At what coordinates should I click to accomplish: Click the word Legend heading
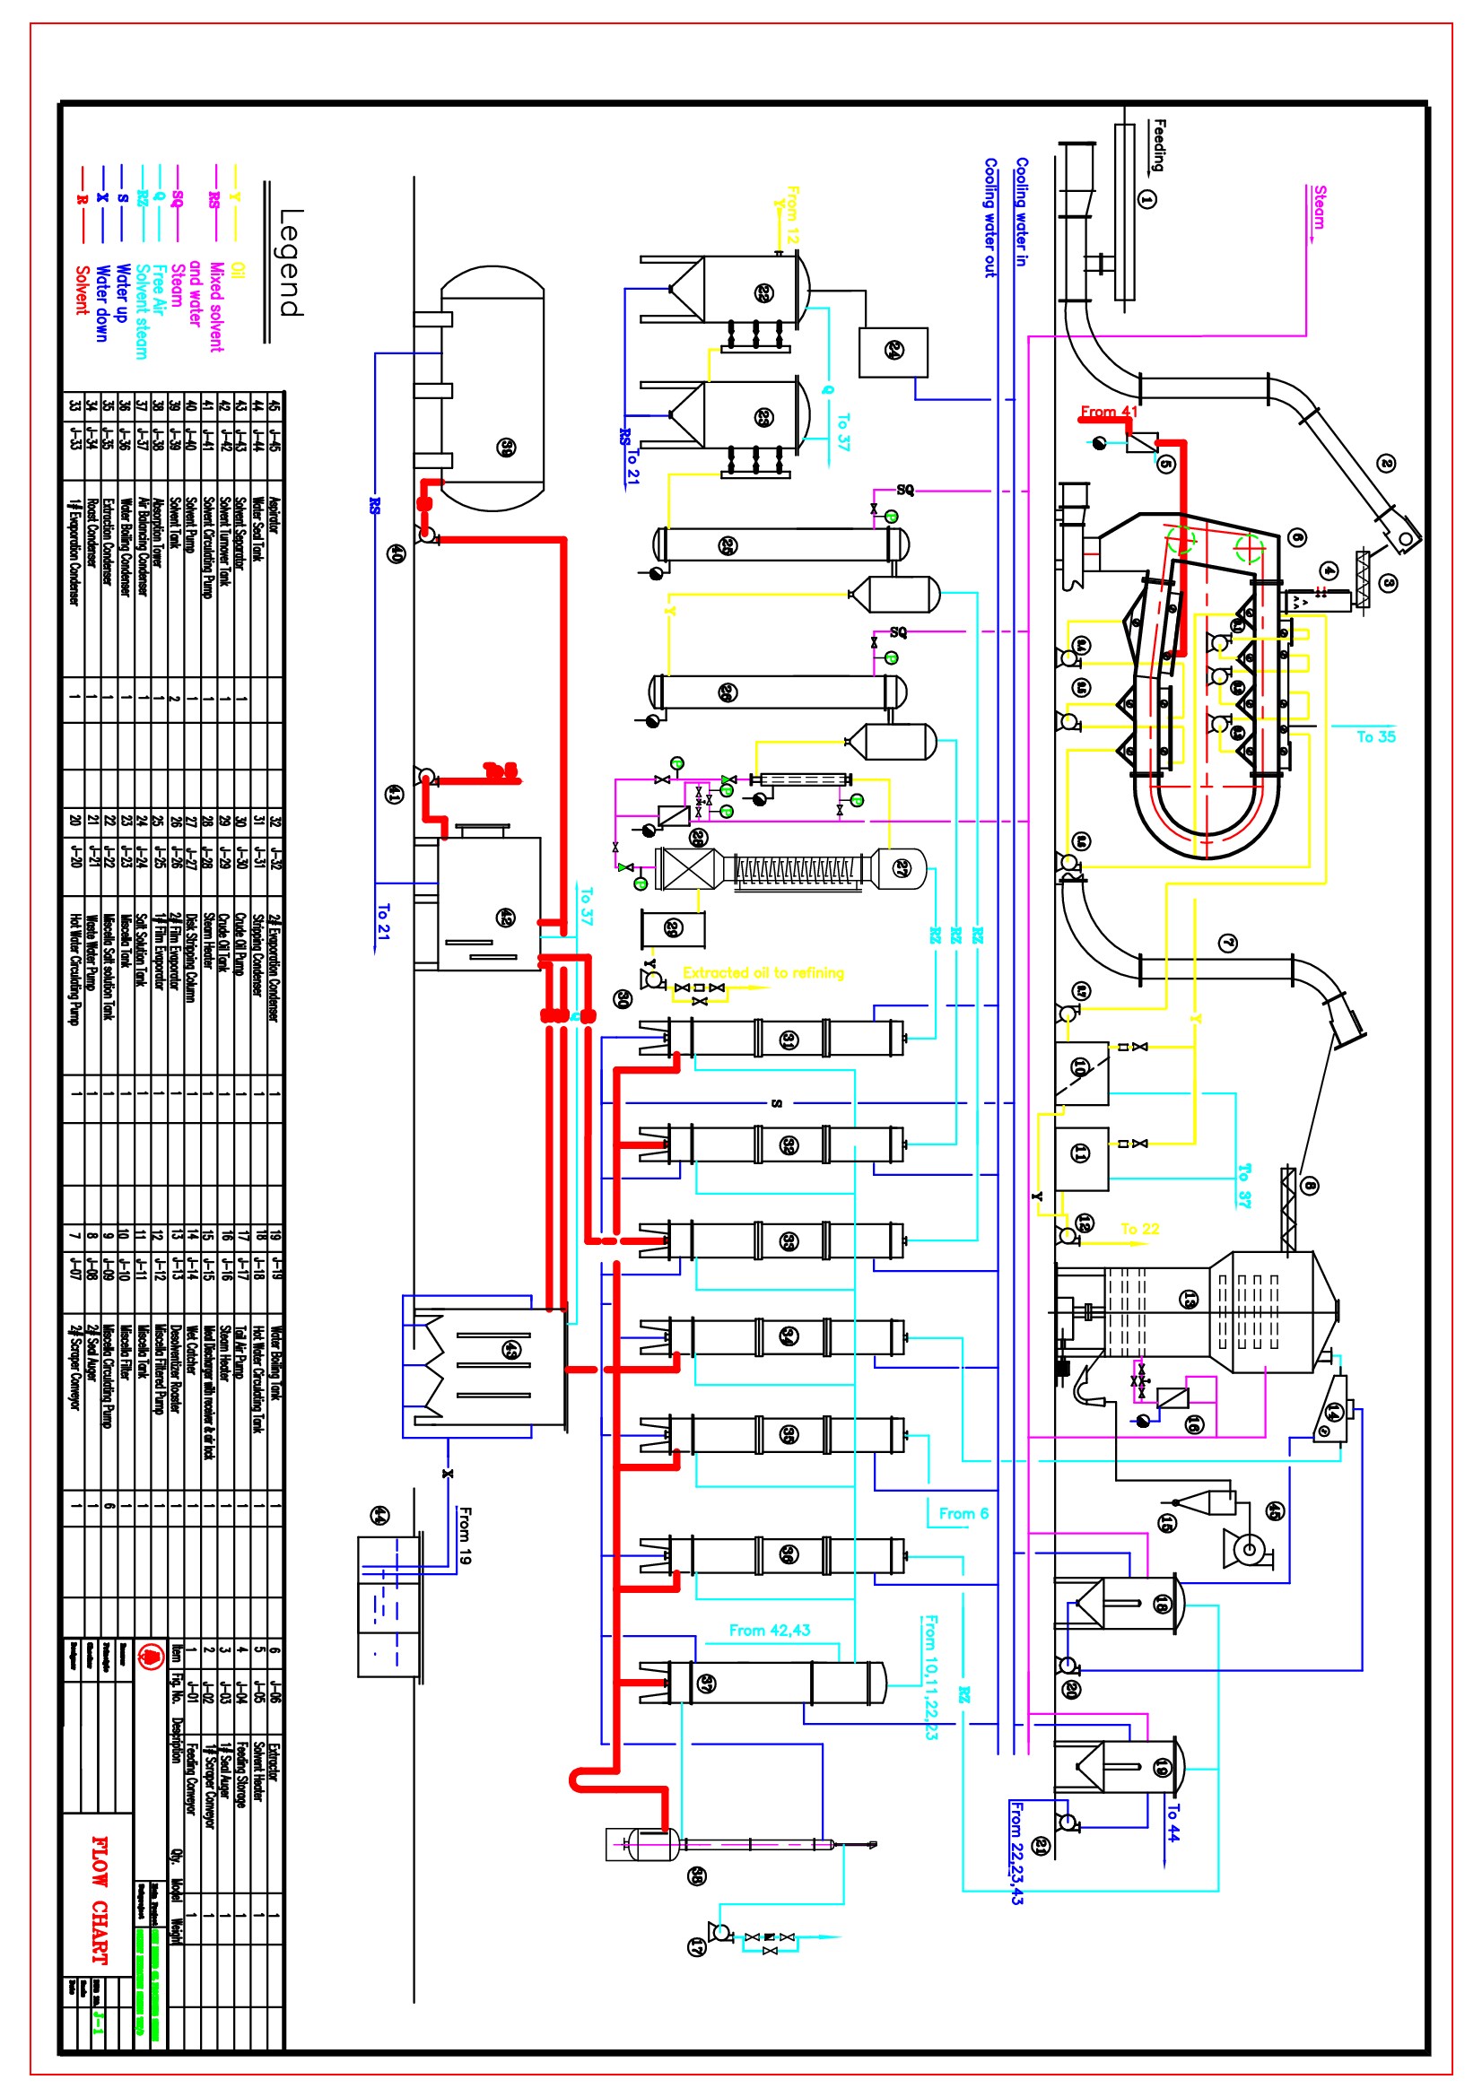(x=291, y=262)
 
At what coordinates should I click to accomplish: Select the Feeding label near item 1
(x=1158, y=145)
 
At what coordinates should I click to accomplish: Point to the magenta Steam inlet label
(x=1320, y=207)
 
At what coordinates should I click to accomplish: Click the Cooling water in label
(x=1022, y=212)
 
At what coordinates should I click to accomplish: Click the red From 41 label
(x=1108, y=412)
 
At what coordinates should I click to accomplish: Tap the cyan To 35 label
(x=1375, y=737)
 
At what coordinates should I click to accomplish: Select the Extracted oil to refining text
(x=763, y=972)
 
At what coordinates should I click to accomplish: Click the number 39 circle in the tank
(x=506, y=448)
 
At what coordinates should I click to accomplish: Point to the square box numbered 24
(x=894, y=352)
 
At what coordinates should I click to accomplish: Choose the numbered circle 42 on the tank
(x=505, y=917)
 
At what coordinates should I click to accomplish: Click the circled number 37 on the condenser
(x=706, y=1684)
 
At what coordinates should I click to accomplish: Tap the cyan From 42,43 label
(x=770, y=1631)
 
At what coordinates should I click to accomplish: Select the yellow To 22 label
(x=1139, y=1230)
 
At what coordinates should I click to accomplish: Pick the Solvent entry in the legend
(x=83, y=291)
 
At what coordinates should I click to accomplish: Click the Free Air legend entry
(x=158, y=291)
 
